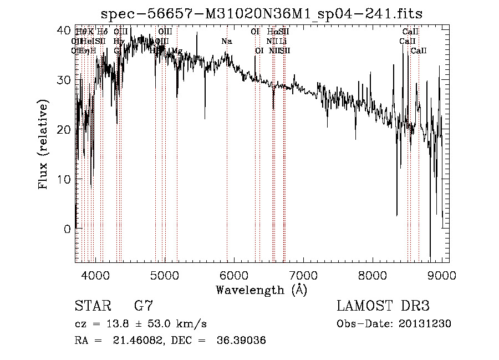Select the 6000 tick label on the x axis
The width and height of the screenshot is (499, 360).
[234, 274]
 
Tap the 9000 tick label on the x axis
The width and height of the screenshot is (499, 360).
[442, 274]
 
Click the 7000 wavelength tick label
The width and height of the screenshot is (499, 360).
[303, 274]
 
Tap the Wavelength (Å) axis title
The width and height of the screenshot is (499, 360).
[261, 290]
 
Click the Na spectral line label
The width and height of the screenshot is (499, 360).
[226, 41]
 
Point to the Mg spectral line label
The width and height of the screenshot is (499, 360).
[176, 50]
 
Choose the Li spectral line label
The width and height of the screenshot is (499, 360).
[283, 41]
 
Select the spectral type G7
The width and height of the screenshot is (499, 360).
[143, 306]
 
